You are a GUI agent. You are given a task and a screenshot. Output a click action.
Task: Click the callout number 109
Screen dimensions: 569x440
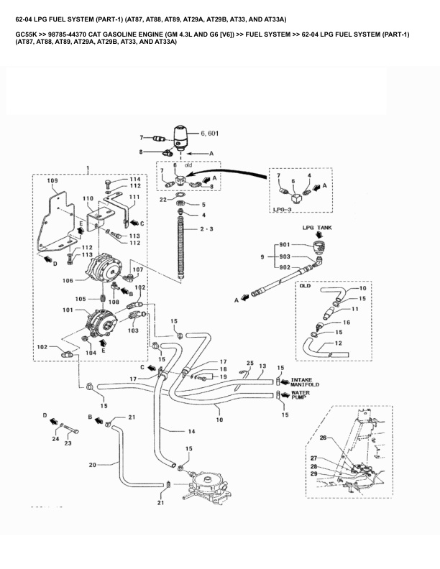52,181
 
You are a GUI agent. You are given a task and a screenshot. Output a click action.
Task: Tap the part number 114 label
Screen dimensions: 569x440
134,179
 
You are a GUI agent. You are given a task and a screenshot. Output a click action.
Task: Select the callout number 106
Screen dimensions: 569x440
69,281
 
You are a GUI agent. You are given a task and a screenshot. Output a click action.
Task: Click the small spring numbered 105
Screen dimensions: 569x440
103,299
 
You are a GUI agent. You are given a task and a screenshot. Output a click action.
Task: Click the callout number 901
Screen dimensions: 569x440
285,244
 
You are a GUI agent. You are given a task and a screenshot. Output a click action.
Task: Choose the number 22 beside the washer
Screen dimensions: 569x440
163,199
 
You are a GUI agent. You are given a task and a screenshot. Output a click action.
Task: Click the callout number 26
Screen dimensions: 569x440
323,438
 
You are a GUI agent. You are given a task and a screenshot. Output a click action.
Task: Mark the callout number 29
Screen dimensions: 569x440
313,474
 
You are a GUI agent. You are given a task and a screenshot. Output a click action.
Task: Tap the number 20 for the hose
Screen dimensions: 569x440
92,465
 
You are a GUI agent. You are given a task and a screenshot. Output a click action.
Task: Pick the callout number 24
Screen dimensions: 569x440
55,438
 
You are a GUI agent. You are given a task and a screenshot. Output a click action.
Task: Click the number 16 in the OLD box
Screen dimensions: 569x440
346,323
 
